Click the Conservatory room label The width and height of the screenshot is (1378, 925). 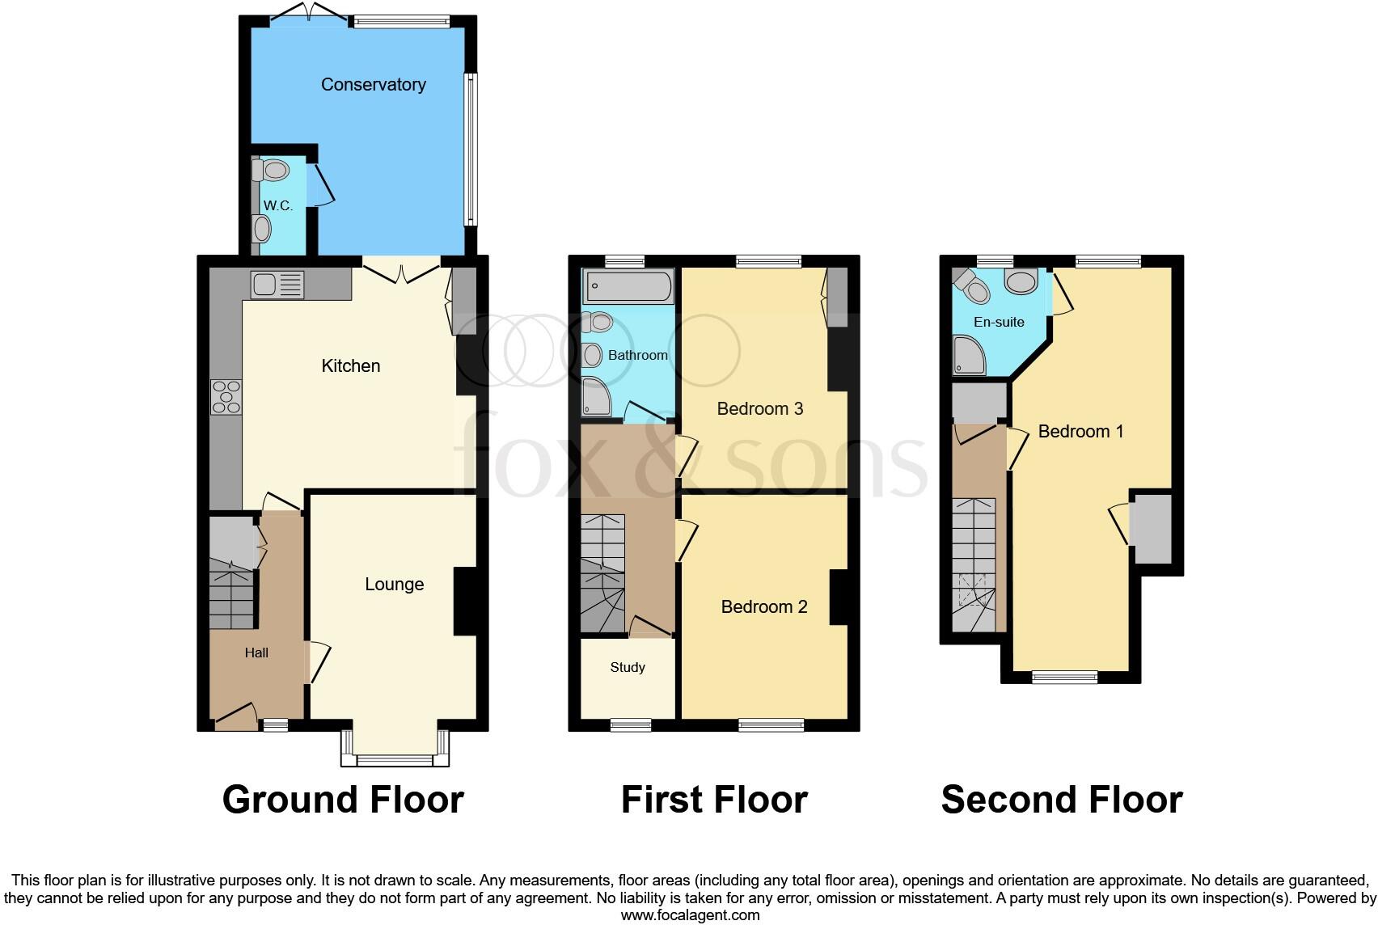pyautogui.click(x=373, y=84)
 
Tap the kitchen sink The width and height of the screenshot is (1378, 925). pyautogui.click(x=277, y=285)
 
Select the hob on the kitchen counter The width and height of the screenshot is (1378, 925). pyautogui.click(x=226, y=396)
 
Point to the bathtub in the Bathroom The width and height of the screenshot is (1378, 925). pyautogui.click(x=628, y=286)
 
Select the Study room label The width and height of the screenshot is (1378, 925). pyautogui.click(x=628, y=667)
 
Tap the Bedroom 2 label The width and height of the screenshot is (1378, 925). pyautogui.click(x=763, y=606)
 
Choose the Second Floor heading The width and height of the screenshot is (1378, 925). pyautogui.click(x=1061, y=800)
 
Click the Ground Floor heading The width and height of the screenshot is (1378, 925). pyautogui.click(x=343, y=800)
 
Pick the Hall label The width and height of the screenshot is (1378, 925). pyautogui.click(x=256, y=653)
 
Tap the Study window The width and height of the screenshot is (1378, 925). pyautogui.click(x=630, y=724)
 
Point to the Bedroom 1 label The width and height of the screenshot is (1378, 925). pyautogui.click(x=1080, y=431)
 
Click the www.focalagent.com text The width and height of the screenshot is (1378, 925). pyautogui.click(x=690, y=915)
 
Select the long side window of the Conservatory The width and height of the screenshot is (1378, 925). pyautogui.click(x=470, y=150)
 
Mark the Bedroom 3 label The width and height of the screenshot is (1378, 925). pyautogui.click(x=759, y=408)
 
